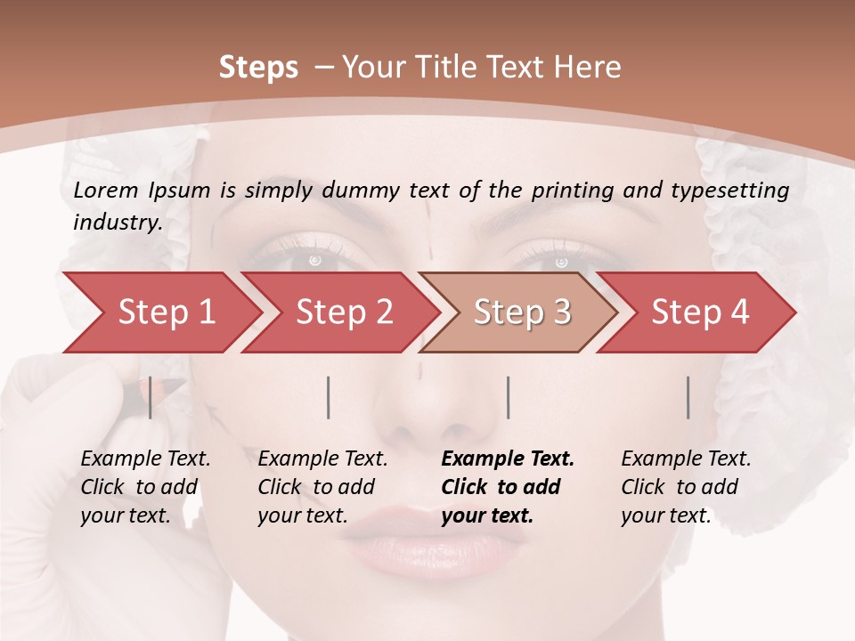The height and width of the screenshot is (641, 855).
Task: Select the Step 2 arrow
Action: pyautogui.click(x=343, y=312)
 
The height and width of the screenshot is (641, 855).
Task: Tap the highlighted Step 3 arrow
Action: pyautogui.click(x=521, y=312)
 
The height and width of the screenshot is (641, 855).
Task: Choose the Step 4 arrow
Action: pyautogui.click(x=699, y=312)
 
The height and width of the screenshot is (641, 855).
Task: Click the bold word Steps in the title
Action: pyautogui.click(x=258, y=68)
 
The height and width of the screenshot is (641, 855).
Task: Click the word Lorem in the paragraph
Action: pyautogui.click(x=106, y=190)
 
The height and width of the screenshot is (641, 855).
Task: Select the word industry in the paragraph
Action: pyautogui.click(x=117, y=223)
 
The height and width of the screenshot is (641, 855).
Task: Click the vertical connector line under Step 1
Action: pyautogui.click(x=151, y=397)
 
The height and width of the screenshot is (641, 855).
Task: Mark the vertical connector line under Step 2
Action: pyautogui.click(x=329, y=397)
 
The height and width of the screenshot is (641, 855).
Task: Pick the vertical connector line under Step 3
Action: pyautogui.click(x=508, y=397)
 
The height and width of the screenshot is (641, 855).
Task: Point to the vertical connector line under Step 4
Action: pyautogui.click(x=688, y=397)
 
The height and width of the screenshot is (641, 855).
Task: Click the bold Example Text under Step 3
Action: pyautogui.click(x=508, y=459)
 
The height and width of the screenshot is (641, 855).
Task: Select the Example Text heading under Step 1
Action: pyautogui.click(x=145, y=459)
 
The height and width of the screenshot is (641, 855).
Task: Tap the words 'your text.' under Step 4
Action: pyautogui.click(x=665, y=515)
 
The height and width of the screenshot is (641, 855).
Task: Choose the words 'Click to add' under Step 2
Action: pyautogui.click(x=316, y=487)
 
